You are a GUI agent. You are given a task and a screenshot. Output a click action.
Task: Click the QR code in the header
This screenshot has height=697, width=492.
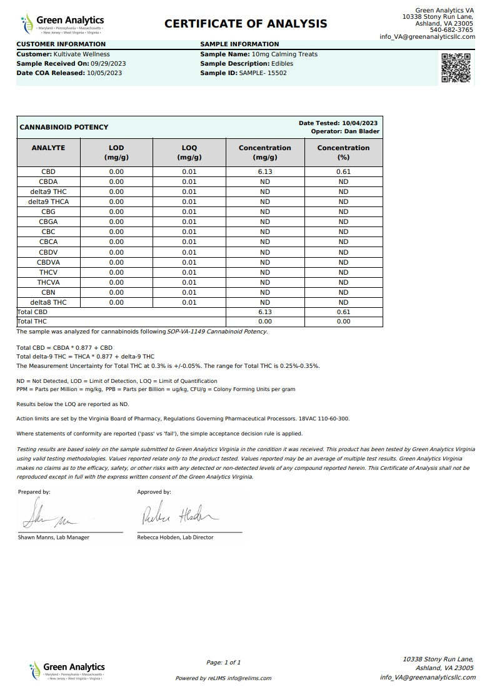456,68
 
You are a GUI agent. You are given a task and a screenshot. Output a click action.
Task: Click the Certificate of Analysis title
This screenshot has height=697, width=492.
246,24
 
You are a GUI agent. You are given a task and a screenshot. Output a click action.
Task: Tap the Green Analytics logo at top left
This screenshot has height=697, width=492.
63,24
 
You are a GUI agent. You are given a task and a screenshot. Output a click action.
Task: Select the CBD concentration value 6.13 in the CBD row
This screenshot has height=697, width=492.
264,171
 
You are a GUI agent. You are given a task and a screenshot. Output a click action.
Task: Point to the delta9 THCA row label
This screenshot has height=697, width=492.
48,201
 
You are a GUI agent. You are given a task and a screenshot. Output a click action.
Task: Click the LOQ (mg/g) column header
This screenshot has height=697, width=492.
189,153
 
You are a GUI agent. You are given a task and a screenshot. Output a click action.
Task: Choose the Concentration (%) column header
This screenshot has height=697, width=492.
343,153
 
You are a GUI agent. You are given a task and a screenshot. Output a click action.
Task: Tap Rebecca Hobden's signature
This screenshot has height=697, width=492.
179,515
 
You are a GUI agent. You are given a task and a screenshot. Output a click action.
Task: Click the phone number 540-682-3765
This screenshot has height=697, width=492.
451,30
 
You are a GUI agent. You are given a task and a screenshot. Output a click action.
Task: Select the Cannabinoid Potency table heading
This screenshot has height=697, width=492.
64,127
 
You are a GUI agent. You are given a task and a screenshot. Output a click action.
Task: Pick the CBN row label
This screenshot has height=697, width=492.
48,292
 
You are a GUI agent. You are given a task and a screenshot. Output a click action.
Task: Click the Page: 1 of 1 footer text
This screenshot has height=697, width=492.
223,662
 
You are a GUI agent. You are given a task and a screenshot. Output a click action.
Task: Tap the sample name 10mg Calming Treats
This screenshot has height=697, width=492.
286,54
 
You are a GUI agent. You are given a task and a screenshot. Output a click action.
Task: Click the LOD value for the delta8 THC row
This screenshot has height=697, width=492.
116,302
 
